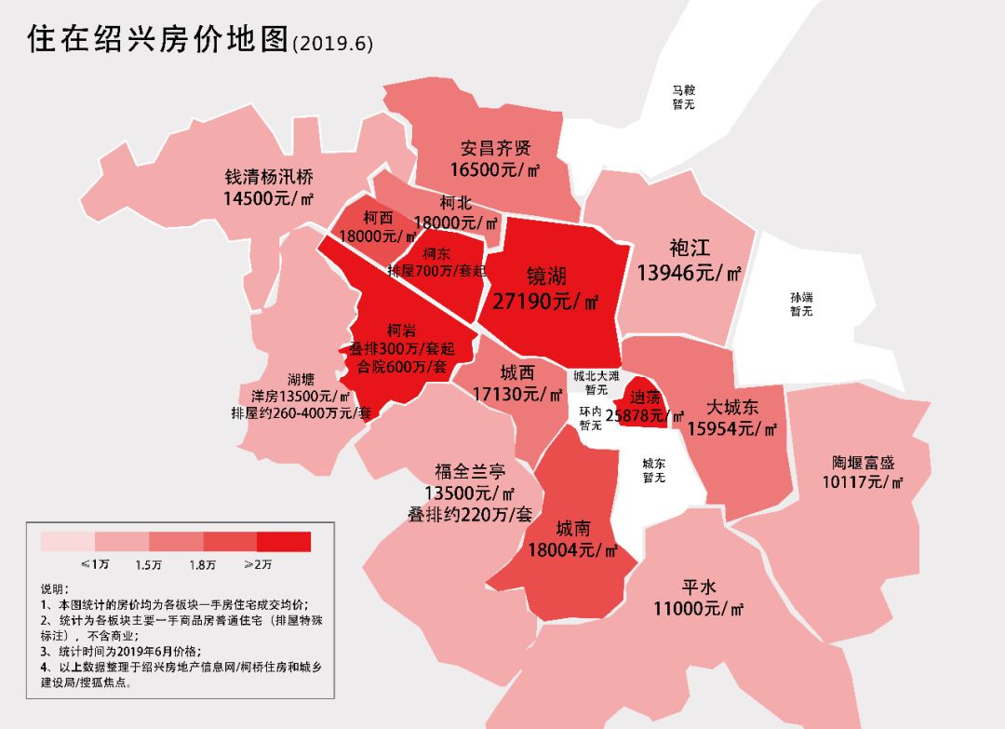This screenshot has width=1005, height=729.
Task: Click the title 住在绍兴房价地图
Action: tap(158, 40)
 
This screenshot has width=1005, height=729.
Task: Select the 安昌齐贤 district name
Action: tap(496, 147)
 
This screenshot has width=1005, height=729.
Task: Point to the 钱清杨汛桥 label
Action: tap(269, 176)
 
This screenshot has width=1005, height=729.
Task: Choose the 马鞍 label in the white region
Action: tap(684, 90)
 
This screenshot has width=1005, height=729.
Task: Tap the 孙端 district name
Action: tap(801, 297)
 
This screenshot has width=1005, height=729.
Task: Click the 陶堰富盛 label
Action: tap(864, 463)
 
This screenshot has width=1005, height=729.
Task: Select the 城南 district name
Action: tap(573, 529)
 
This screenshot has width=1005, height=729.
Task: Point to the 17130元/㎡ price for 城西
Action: tap(519, 394)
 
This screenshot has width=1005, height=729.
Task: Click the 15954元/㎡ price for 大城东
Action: tap(732, 428)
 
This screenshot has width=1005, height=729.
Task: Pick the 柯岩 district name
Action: tap(401, 330)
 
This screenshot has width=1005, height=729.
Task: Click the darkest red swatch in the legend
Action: tap(284, 541)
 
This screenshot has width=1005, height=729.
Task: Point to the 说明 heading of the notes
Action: tap(55, 589)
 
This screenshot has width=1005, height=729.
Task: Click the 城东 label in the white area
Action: tap(654, 462)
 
